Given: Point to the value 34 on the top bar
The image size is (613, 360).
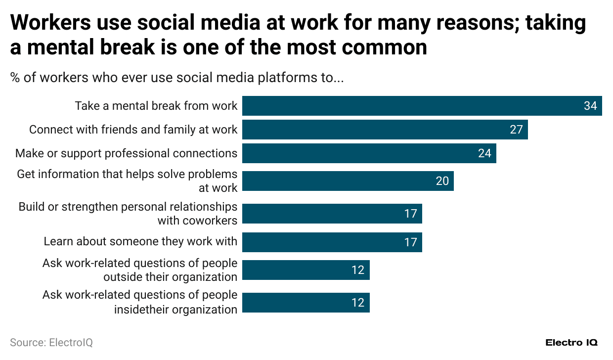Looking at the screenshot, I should (x=590, y=106).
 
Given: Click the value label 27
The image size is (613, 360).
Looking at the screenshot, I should (x=516, y=130).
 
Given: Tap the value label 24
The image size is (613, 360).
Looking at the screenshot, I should (x=484, y=153).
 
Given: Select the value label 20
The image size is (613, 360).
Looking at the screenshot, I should (x=442, y=181).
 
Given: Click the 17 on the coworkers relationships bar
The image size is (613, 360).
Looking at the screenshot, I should (x=410, y=214).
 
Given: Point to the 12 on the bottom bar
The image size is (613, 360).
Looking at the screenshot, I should (x=357, y=303).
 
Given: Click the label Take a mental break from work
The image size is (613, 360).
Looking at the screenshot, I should (x=156, y=106).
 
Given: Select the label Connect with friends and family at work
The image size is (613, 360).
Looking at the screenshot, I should (x=133, y=130).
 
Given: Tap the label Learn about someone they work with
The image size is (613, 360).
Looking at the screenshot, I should (x=140, y=242).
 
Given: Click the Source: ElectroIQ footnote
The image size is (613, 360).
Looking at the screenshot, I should (x=51, y=342).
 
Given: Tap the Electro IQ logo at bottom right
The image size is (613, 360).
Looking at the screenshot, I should (x=571, y=342).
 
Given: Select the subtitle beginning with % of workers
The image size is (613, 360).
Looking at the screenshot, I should (x=176, y=78).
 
